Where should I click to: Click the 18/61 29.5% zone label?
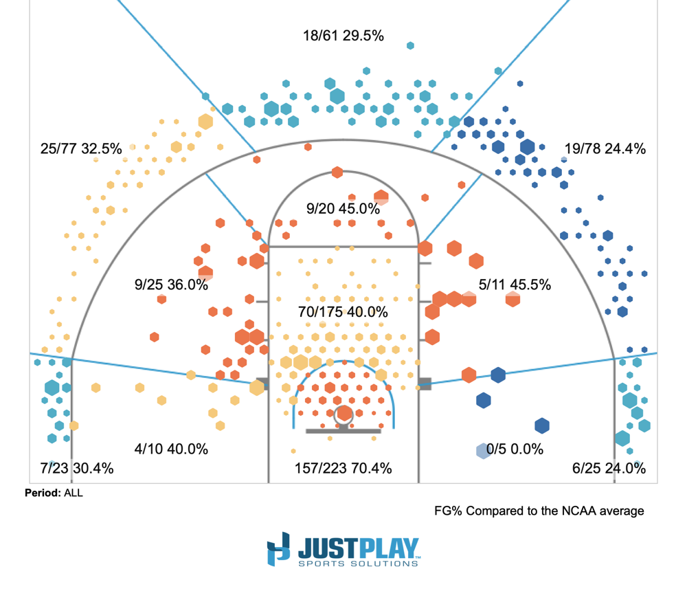[x=343, y=36]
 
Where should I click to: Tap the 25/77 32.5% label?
[x=81, y=148]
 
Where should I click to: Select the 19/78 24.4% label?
[x=605, y=148]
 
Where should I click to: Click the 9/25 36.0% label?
[x=171, y=285]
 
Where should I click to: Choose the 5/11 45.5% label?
[x=515, y=285]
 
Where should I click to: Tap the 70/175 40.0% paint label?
[x=343, y=312]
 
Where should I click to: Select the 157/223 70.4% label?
[x=343, y=469]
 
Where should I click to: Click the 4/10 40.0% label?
[x=171, y=449]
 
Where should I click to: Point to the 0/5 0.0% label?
[x=515, y=449]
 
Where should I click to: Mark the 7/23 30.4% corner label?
[x=77, y=469]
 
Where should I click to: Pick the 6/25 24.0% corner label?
[x=609, y=469]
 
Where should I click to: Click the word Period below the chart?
[x=42, y=493]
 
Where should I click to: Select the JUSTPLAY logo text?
[x=358, y=548]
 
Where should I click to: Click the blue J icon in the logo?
[x=279, y=551]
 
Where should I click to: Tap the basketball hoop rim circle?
[x=344, y=414]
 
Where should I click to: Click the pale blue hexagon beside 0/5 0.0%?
[x=483, y=451]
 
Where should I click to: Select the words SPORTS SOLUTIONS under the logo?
[x=358, y=564]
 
